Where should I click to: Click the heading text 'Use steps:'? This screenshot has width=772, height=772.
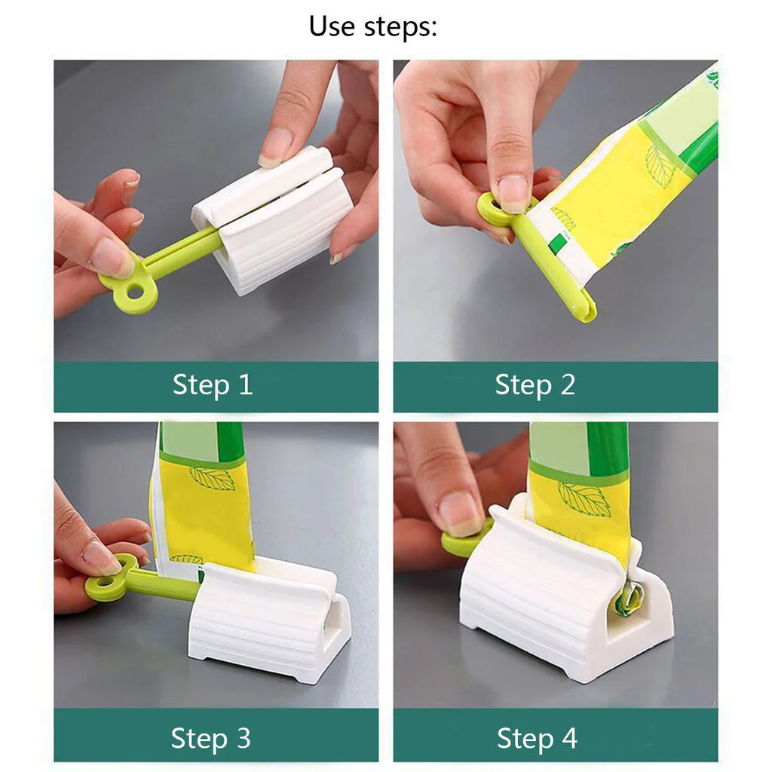(x=372, y=26)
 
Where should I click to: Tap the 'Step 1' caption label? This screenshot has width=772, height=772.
(x=213, y=385)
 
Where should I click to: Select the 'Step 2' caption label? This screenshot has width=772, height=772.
(x=535, y=385)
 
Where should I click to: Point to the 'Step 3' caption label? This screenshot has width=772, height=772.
(x=210, y=737)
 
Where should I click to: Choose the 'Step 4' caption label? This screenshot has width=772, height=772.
(x=537, y=738)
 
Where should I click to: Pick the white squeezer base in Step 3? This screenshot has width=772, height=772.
(x=264, y=626)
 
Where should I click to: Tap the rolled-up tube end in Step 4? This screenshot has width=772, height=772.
(x=627, y=599)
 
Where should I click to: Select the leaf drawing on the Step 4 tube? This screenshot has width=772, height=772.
(x=584, y=498)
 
